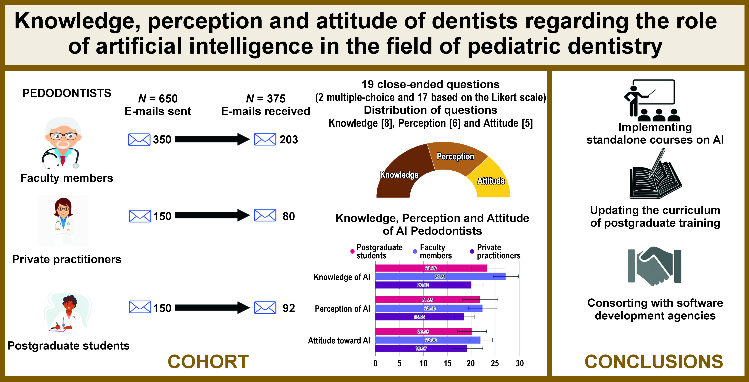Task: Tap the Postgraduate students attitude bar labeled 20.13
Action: coord(423,331)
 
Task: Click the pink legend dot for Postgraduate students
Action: coord(352,251)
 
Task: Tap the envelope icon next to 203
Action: coord(265,139)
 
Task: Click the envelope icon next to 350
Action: coord(139,140)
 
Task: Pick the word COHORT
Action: coord(208,362)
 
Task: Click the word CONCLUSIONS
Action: coord(654,362)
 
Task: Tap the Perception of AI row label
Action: coord(342,309)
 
